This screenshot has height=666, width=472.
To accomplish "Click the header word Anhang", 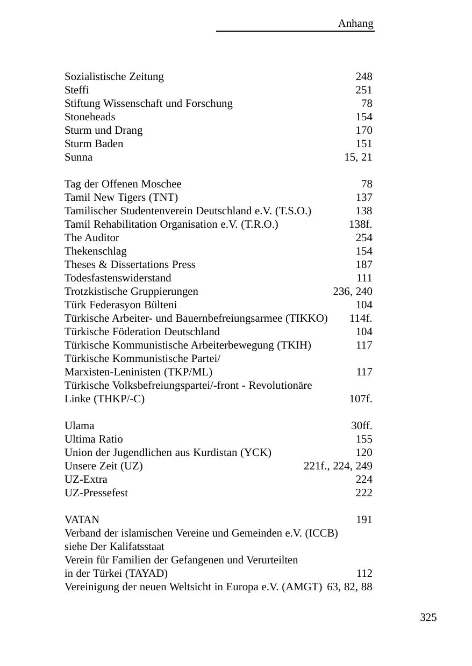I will point(355,24).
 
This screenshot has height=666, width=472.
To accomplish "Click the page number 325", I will point(428,618).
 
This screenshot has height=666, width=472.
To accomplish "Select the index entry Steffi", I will point(77,90).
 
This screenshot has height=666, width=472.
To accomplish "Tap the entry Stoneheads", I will point(90,117).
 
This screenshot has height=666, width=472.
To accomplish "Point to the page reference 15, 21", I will point(358,157).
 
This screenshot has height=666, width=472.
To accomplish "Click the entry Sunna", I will point(78,157).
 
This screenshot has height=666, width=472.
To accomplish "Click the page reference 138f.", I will point(360,225).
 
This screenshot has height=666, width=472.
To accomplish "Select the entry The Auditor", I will point(92,238).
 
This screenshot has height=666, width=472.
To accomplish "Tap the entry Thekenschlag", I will point(96,251).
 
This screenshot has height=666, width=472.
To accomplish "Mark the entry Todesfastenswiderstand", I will point(118,278).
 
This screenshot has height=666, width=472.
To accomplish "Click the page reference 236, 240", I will point(353,292).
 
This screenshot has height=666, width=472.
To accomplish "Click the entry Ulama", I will point(80,426).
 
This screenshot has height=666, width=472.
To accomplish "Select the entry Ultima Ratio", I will point(94,439).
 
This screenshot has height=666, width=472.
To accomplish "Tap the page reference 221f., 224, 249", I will point(338,466).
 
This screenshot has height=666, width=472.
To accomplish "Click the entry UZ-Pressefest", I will point(96,493).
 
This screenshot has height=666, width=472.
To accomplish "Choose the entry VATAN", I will point(82,520).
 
